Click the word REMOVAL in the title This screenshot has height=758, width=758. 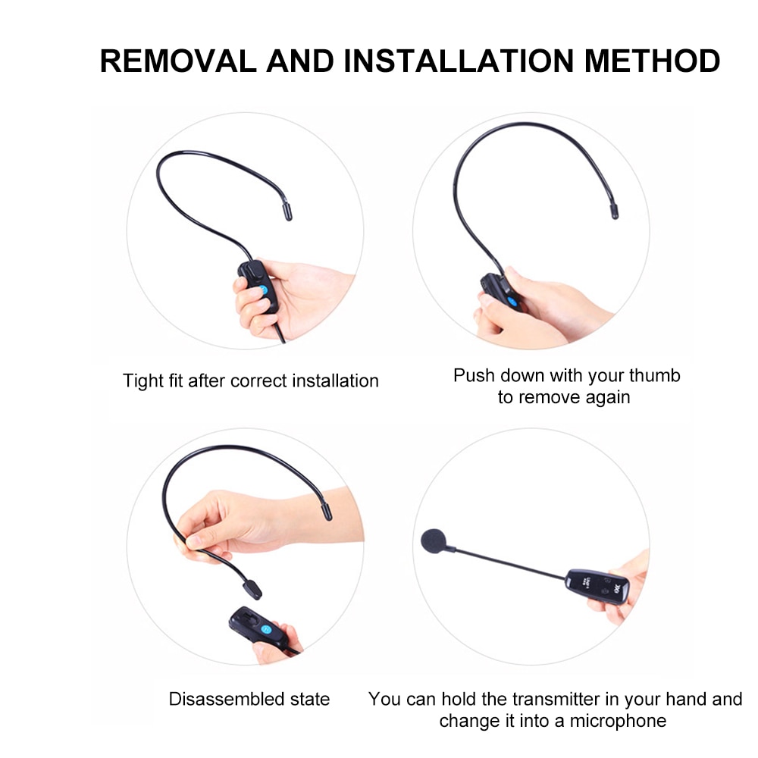tap(178, 61)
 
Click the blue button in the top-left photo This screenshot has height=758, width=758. tap(263, 290)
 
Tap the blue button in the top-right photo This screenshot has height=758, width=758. tap(514, 302)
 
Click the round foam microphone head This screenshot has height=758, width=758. tap(434, 541)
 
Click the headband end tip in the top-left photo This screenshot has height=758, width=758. tap(288, 212)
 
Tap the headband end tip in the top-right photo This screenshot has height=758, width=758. tap(614, 211)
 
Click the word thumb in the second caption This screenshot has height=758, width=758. tap(657, 375)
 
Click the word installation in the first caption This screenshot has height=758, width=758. tap(334, 381)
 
